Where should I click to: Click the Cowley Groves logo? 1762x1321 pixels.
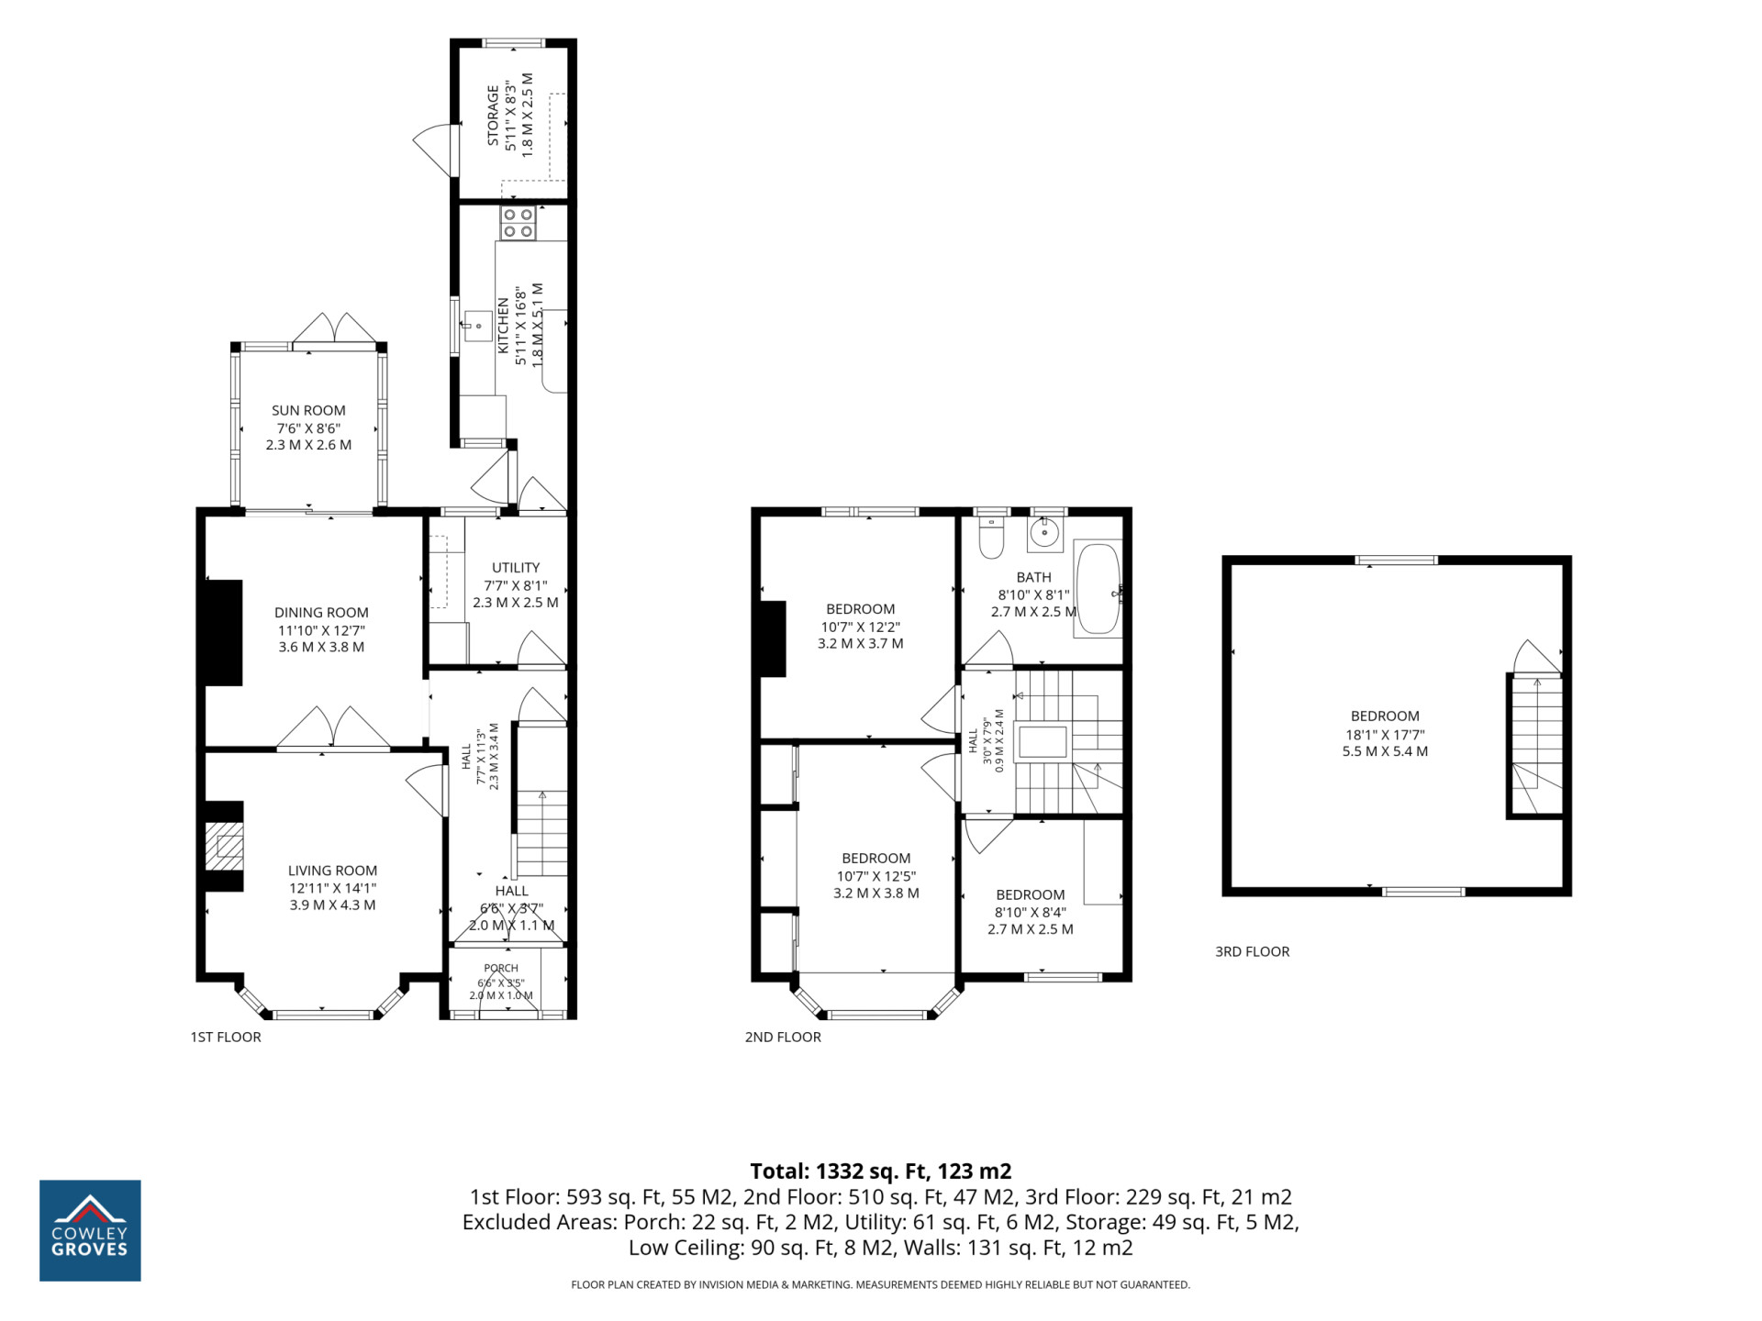90,1230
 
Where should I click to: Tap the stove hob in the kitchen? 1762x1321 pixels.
519,223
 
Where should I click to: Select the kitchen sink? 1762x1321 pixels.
477,326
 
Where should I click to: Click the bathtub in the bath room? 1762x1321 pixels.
1098,590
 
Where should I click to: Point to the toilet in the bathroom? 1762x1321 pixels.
991,538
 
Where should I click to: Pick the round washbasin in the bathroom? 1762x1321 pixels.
1044,532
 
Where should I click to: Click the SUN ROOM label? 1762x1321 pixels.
308,410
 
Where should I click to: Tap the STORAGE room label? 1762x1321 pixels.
493,116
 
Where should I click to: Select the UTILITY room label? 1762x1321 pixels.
516,567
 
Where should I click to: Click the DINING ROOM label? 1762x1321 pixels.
321,612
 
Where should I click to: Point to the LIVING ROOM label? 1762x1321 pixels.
332,870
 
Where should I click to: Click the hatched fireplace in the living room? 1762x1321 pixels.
224,846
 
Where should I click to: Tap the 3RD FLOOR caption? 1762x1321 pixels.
1252,951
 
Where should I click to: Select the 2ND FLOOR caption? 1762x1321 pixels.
783,1037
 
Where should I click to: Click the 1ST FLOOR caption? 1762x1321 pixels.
226,1037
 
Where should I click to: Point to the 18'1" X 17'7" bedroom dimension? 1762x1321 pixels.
1385,734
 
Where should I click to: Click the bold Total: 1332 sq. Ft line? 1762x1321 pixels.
881,1171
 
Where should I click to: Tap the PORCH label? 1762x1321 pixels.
501,968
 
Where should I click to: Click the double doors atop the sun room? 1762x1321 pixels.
334,329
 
